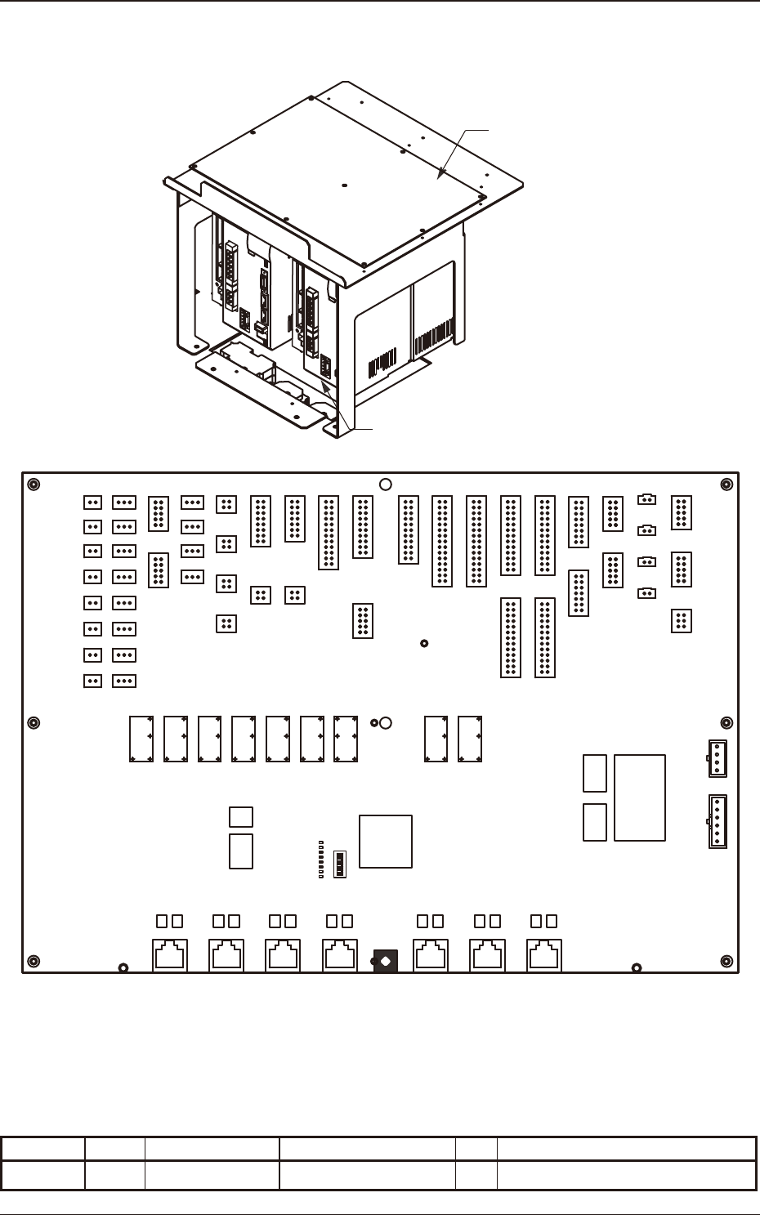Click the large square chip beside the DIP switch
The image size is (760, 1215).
(386, 841)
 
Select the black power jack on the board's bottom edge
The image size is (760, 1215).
(385, 961)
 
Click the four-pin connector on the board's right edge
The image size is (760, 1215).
(717, 758)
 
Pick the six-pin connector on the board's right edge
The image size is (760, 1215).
(717, 821)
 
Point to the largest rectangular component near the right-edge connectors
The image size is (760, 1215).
(640, 797)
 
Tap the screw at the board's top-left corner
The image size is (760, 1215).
(34, 485)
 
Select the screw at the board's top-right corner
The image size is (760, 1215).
(726, 485)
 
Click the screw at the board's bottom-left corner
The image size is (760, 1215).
(34, 960)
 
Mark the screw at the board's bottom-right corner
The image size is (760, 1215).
(726, 960)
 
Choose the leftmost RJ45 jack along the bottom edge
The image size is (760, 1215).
(170, 955)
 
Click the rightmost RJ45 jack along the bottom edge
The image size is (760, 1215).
(544, 955)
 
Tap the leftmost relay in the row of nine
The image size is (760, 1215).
(141, 739)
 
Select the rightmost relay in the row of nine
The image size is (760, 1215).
(470, 739)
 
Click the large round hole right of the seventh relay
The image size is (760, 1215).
(387, 722)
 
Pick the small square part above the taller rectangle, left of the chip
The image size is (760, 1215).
(241, 816)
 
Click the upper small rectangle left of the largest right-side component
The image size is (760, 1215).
(595, 773)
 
